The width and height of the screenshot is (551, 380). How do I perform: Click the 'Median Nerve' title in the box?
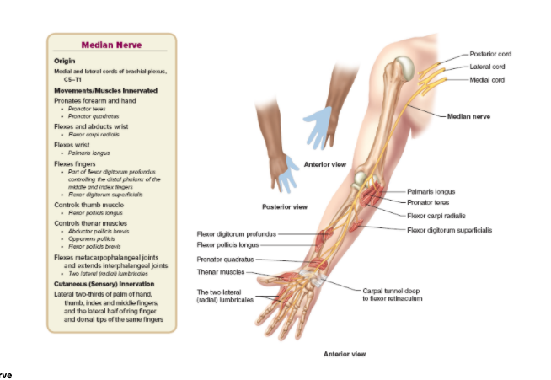pos(111,45)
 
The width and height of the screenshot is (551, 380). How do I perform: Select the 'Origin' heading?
pos(65,62)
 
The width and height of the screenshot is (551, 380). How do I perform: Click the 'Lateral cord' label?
pos(488,66)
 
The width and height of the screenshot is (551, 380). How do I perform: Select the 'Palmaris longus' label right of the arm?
pos(431,192)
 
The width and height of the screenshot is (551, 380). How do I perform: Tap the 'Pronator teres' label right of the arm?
pos(430,203)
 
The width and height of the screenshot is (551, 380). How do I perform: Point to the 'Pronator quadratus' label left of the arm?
pos(225,259)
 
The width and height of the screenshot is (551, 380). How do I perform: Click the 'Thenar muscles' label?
pos(221,272)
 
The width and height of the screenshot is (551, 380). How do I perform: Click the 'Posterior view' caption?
pos(284,206)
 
